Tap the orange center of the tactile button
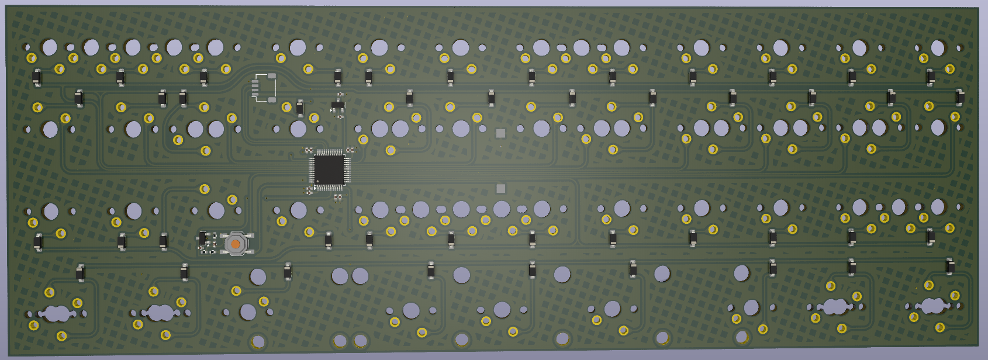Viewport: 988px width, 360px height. click(235, 244)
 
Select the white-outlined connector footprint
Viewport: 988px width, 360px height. click(264, 88)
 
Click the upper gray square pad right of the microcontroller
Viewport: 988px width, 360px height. click(500, 133)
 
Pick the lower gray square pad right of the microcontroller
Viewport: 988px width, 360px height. click(500, 188)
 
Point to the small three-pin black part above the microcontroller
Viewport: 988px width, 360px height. click(337, 106)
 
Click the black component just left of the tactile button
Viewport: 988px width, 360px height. click(203, 238)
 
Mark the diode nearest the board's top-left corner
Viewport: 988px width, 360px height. click(37, 77)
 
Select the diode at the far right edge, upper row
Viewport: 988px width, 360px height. click(959, 97)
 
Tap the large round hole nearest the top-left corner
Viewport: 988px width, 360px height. click(50, 47)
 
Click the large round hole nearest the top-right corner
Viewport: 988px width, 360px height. click(938, 47)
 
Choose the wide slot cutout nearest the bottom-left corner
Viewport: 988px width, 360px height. click(57, 313)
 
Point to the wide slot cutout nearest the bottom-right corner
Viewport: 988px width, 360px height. click(932, 305)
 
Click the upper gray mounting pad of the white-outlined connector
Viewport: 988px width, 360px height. click(272, 75)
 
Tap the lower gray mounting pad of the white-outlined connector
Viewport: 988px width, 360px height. click(272, 100)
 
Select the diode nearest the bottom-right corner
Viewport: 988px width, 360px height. click(950, 266)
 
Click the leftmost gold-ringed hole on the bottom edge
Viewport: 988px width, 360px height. click(258, 341)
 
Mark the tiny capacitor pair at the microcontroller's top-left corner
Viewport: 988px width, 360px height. click(309, 150)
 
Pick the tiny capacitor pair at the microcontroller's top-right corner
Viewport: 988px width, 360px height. click(350, 150)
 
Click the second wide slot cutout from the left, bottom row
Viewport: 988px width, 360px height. click(160, 313)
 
